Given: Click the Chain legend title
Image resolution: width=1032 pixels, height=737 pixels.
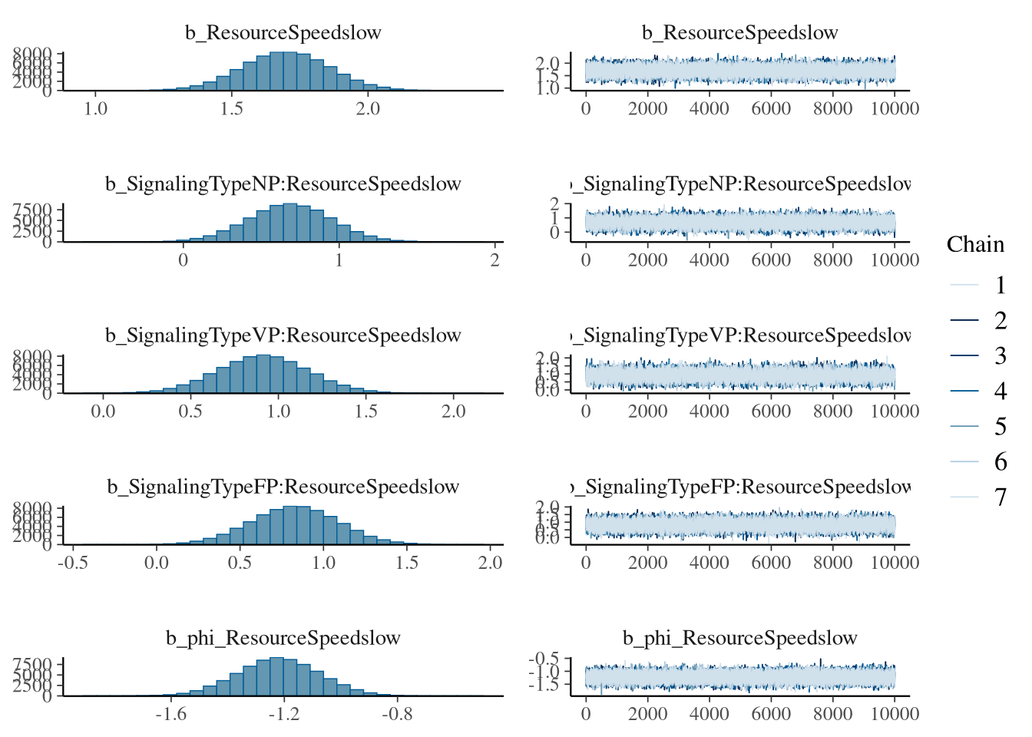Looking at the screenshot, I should [x=975, y=244].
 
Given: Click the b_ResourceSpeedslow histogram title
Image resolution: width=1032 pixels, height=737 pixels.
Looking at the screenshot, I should [x=283, y=33].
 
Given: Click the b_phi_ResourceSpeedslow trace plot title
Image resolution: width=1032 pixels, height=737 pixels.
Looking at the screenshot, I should [x=739, y=638].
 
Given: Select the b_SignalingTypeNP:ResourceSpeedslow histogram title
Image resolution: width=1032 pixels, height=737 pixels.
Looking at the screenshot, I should [x=283, y=184].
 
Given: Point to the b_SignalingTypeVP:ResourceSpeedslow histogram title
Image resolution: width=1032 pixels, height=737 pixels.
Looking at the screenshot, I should [x=283, y=335].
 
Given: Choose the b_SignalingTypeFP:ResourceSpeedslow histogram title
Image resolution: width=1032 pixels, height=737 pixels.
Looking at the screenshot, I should [x=283, y=487].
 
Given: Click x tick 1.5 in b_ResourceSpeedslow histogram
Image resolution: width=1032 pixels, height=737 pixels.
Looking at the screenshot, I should [x=231, y=109].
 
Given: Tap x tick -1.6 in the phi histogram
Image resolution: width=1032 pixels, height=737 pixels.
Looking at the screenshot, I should [x=170, y=715].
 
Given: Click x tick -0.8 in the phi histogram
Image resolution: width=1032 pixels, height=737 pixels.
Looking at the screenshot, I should [x=397, y=715].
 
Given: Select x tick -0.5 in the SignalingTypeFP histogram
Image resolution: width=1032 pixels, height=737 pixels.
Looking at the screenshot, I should [x=73, y=563].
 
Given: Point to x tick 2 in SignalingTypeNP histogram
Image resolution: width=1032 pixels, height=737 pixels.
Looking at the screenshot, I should [x=495, y=260].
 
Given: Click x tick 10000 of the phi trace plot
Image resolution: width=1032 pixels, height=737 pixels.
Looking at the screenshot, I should [x=895, y=715].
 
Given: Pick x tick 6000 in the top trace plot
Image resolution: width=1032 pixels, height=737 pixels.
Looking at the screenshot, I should [x=771, y=109].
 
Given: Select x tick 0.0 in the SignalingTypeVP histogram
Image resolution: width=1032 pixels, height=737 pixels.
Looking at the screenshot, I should [x=103, y=411].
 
